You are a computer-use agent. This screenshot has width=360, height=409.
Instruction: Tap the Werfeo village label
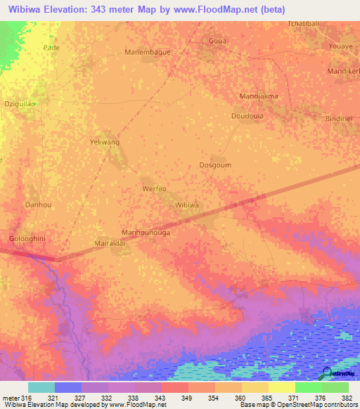click(154, 189)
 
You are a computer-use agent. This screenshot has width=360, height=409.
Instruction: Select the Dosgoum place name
click(215, 165)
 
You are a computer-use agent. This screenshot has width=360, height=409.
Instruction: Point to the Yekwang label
click(105, 142)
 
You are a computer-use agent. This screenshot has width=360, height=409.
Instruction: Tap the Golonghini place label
click(27, 239)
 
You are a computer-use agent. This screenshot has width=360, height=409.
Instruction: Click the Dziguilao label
click(20, 103)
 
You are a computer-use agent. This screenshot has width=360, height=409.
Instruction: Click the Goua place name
click(218, 41)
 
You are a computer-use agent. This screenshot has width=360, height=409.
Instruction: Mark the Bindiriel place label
click(342, 119)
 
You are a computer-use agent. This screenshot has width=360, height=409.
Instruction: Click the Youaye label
click(344, 46)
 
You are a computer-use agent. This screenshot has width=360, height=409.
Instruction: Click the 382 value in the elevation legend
click(348, 398)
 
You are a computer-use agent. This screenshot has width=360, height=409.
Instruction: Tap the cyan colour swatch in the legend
click(41, 387)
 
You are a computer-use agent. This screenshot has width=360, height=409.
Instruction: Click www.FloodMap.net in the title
click(214, 10)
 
